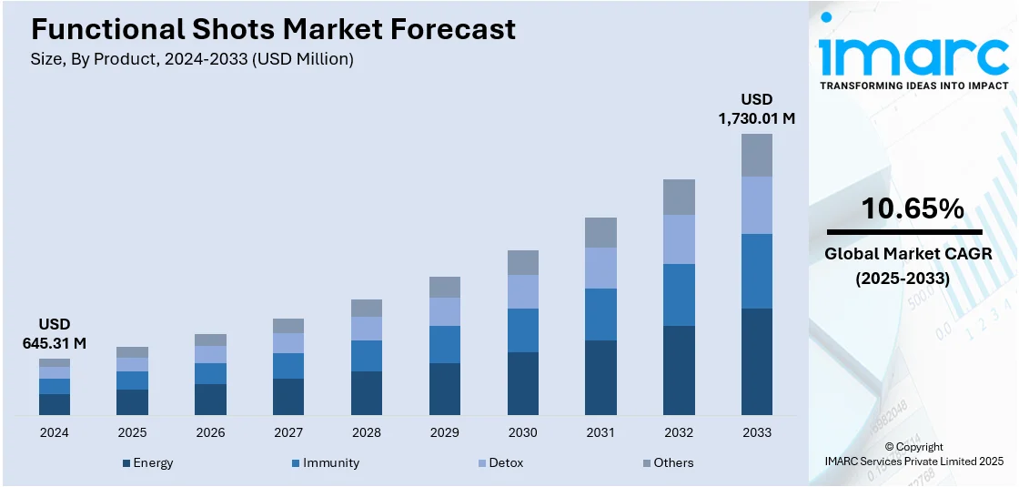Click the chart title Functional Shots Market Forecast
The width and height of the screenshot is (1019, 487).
pos(273,29)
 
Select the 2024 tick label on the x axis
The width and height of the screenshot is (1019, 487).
pos(55,432)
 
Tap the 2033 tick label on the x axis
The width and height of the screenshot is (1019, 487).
pos(757,432)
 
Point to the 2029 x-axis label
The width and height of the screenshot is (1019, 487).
pos(445,432)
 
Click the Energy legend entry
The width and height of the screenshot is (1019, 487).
pos(147,462)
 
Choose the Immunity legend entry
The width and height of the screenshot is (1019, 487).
pos(325,462)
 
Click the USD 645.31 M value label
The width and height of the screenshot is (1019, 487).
pos(55,334)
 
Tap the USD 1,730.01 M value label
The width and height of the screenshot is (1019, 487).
pos(756,108)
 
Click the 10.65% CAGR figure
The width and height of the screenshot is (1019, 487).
pos(913,208)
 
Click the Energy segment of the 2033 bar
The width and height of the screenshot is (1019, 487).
pos(757,362)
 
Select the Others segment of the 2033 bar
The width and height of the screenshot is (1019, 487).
pos(757,155)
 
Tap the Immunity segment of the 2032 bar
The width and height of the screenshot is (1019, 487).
pos(679,295)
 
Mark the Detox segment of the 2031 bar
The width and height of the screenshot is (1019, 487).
pos(600,268)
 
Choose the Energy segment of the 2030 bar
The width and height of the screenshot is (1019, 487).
pos(522,384)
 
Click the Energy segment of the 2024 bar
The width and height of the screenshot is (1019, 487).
pos(55,405)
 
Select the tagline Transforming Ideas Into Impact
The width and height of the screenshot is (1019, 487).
pos(913,86)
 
